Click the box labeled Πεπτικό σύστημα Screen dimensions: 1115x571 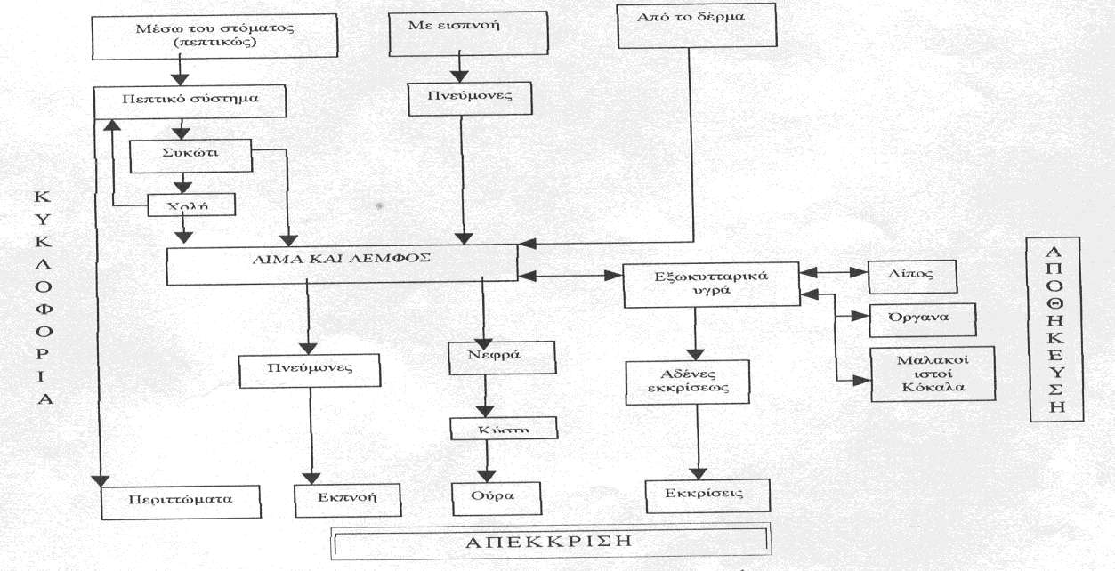tap(190, 101)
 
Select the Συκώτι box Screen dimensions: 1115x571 tap(190, 156)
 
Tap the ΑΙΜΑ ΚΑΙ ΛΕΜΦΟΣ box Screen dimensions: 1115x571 tap(342, 265)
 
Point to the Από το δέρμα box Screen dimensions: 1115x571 tap(697, 26)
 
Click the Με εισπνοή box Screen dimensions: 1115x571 tap(468, 33)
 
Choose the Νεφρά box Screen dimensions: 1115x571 tap(502, 358)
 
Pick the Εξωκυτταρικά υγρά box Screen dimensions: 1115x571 tap(711, 285)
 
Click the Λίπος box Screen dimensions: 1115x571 tap(912, 277)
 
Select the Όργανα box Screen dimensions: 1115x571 tap(923, 320)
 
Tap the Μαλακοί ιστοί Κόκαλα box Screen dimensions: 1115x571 tap(933, 374)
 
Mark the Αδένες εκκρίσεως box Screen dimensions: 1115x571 tap(687, 382)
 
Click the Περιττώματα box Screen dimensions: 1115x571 tap(181, 503)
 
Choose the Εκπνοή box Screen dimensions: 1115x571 tap(347, 501)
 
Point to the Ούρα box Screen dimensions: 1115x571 tap(497, 498)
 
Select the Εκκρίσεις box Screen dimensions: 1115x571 tap(707, 496)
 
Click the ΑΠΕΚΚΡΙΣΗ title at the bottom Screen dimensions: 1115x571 tap(550, 541)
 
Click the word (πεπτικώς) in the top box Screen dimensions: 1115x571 tap(215, 43)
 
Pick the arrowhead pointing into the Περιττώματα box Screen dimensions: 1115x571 tap(101, 480)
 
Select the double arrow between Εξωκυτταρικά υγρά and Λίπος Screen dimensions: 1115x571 tap(835, 272)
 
